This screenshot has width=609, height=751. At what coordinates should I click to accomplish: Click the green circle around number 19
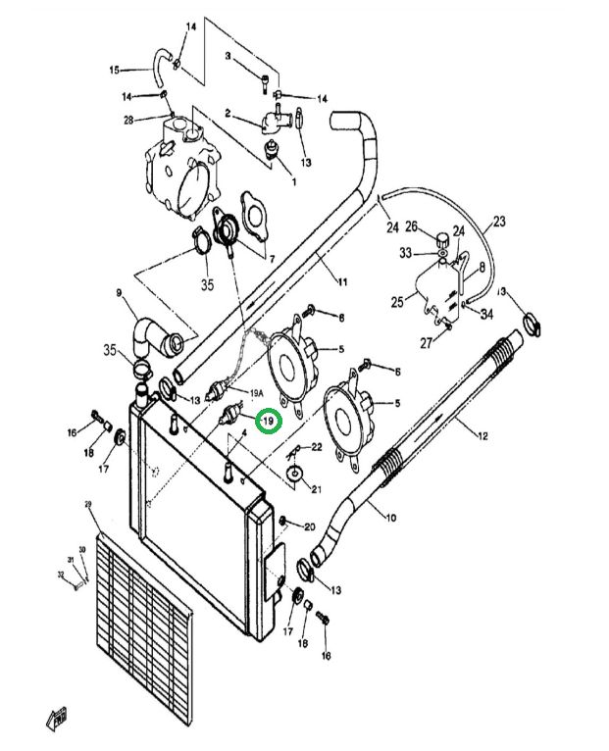click(268, 422)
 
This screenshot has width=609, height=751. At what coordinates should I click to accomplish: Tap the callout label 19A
click(256, 392)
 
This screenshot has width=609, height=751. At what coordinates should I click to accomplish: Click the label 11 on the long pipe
click(342, 282)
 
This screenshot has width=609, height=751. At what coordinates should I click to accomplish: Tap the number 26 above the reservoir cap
click(413, 227)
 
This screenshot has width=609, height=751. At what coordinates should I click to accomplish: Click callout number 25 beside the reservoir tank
click(396, 302)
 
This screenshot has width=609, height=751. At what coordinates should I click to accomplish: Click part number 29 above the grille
click(88, 504)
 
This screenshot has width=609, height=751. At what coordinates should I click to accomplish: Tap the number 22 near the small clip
click(317, 447)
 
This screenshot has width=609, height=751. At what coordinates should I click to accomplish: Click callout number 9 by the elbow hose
click(119, 292)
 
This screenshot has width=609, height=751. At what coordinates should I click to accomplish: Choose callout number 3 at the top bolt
click(228, 57)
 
